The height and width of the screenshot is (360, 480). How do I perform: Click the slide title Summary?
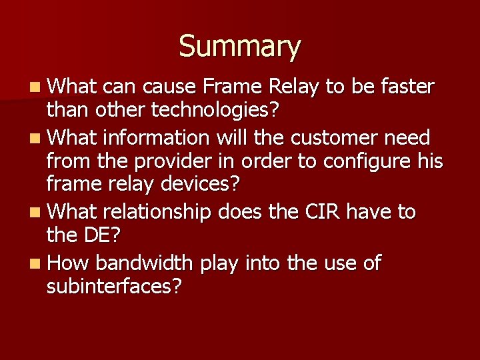tap(240, 46)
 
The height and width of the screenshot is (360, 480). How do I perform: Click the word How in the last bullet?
tap(68, 263)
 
